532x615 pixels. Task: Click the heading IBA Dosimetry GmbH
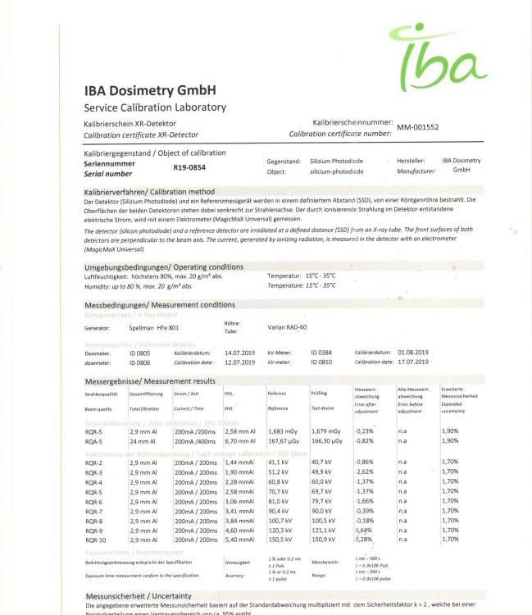[150, 92]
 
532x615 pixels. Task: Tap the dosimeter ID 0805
[141, 353]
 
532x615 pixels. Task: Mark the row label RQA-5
[95, 440]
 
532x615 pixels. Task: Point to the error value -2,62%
[364, 472]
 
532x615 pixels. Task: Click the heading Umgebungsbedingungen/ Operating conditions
[164, 267]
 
